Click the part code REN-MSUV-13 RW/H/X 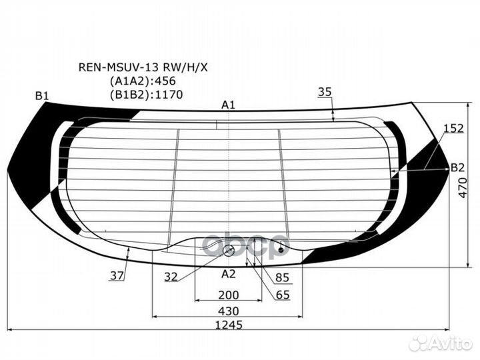[143, 67]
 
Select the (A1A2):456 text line [143, 81]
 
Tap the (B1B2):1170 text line [146, 95]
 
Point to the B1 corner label [42, 96]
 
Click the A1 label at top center [228, 105]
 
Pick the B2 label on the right [458, 167]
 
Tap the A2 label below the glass [229, 274]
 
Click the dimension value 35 [325, 91]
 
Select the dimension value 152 [454, 128]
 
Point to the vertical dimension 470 [463, 187]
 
